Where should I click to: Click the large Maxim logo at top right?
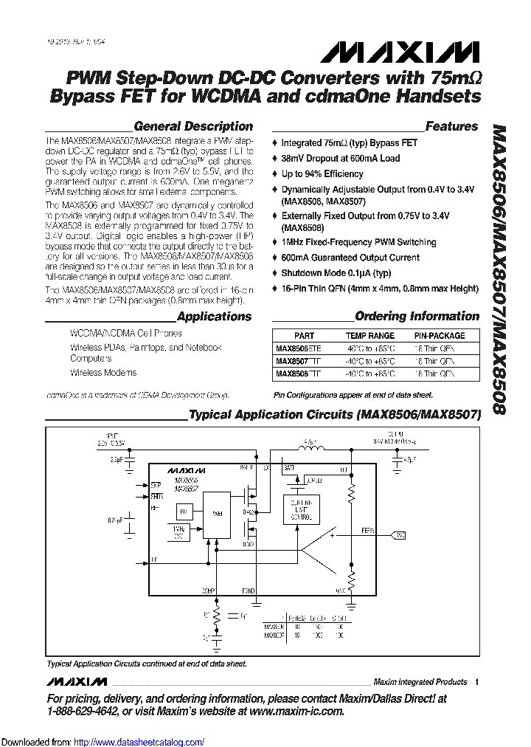(x=399, y=52)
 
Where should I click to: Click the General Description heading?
(x=193, y=126)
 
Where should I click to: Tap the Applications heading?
(x=215, y=317)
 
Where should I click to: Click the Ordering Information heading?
(x=417, y=316)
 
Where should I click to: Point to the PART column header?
(x=304, y=335)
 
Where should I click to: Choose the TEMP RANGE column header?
(x=370, y=335)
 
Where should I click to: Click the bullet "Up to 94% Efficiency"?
(x=322, y=174)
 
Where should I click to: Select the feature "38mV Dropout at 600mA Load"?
(x=340, y=158)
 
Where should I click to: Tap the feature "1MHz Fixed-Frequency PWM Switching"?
(x=358, y=242)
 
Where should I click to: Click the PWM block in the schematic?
(x=216, y=513)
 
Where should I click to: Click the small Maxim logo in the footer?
(x=77, y=681)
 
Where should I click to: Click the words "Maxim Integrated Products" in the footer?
(x=420, y=682)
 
